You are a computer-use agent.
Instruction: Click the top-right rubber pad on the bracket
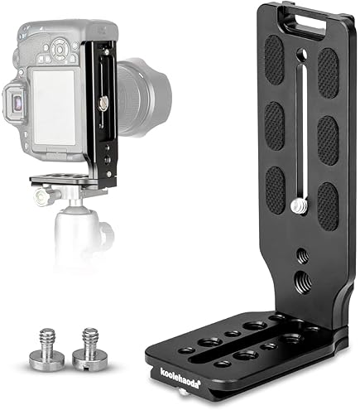[329, 71]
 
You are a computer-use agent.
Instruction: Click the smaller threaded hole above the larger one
[298, 254]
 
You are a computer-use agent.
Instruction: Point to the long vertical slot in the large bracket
[301, 133]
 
